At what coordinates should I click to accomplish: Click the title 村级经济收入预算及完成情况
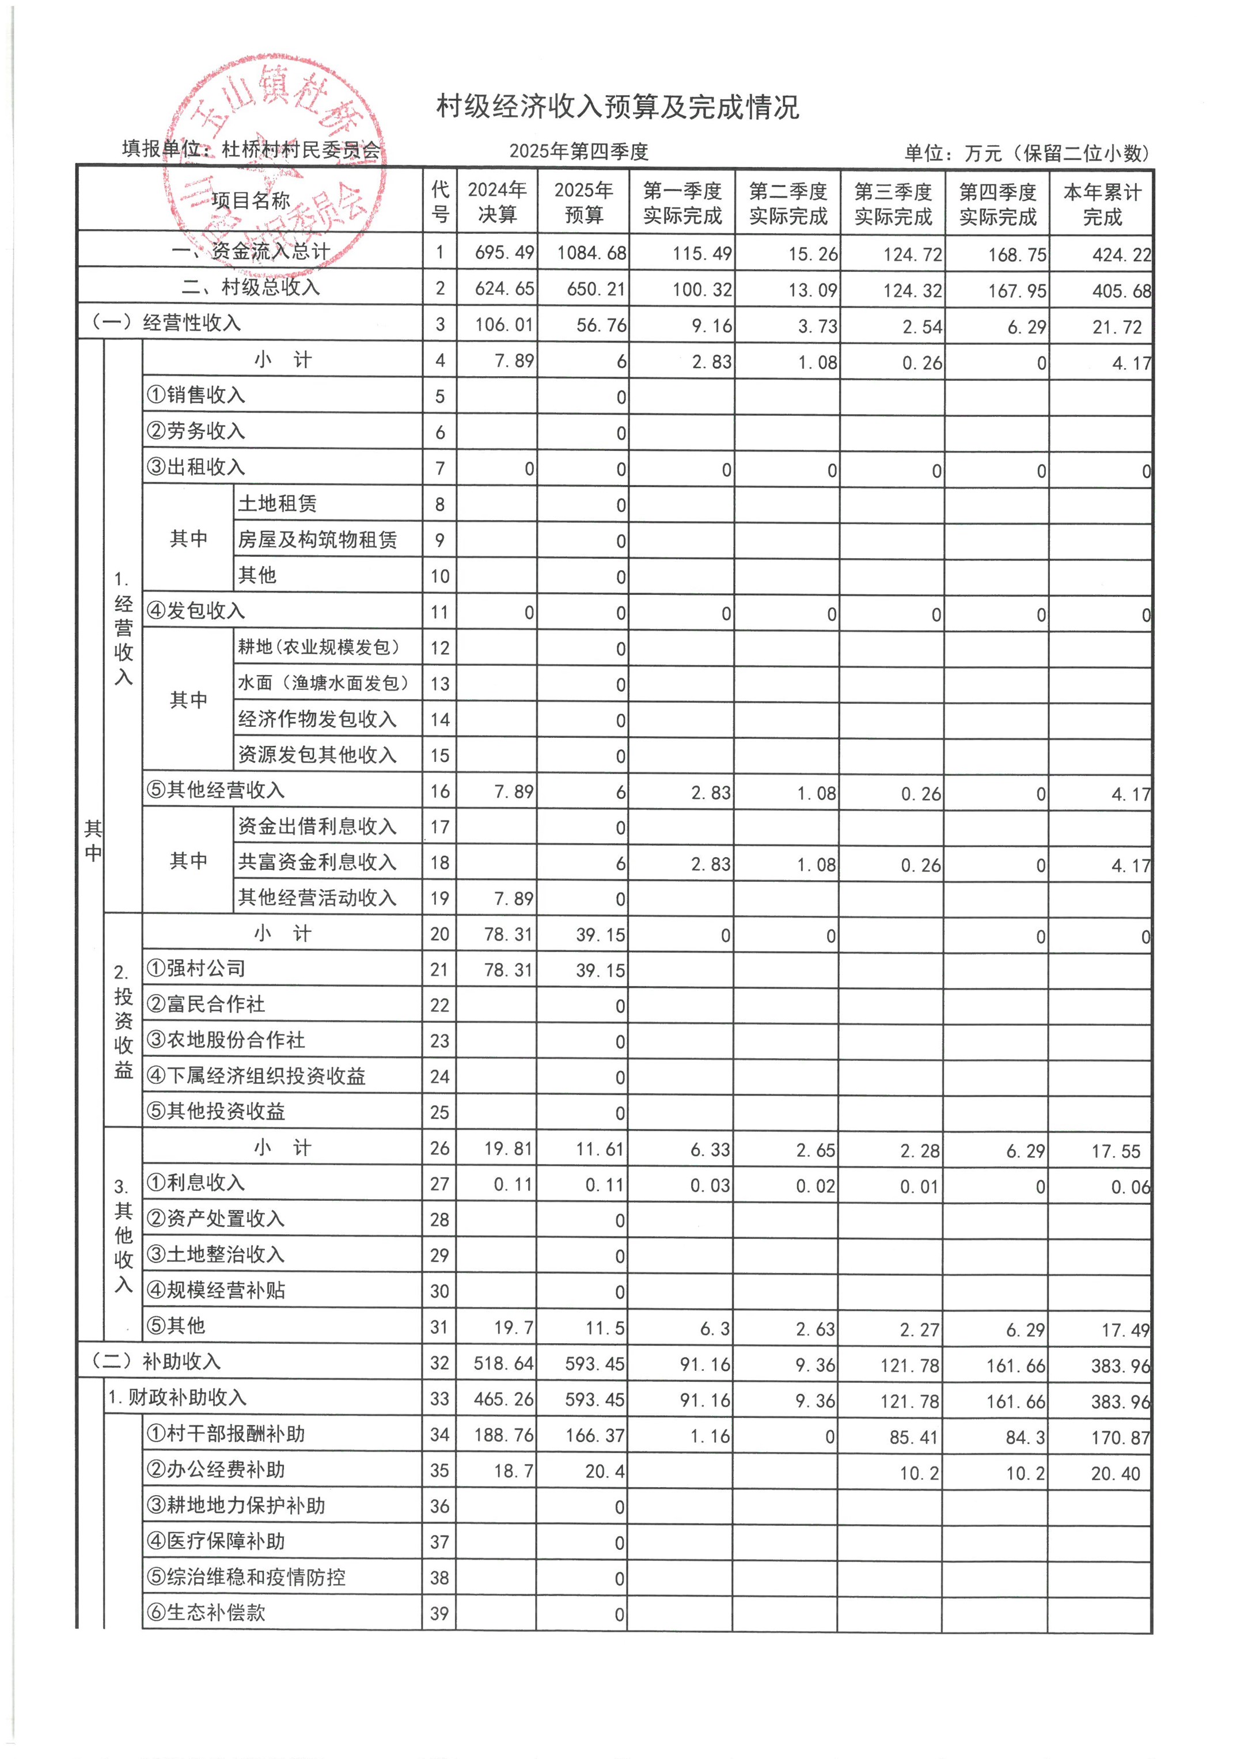(x=617, y=107)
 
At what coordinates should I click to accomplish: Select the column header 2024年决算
(x=497, y=202)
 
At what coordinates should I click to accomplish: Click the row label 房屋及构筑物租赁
(x=317, y=540)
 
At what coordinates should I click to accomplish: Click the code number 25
(x=439, y=1112)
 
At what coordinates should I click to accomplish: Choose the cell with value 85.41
(x=914, y=1437)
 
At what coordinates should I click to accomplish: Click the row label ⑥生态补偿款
(x=206, y=1613)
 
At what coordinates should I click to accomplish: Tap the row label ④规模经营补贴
(x=216, y=1291)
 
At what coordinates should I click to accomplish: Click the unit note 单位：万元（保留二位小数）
(x=1026, y=153)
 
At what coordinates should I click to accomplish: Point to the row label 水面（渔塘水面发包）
(x=323, y=683)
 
